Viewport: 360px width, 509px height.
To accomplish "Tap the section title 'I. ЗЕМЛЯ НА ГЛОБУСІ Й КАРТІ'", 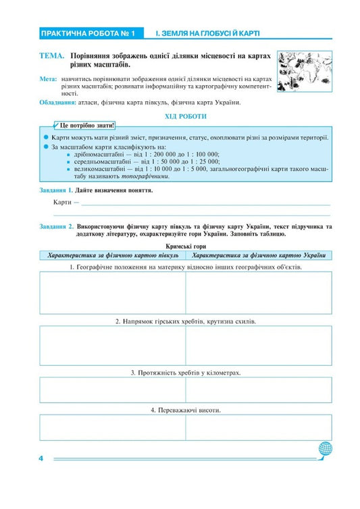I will (x=207, y=33).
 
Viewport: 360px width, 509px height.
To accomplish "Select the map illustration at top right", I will (x=303, y=68).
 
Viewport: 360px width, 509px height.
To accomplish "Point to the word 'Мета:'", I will (x=48, y=80).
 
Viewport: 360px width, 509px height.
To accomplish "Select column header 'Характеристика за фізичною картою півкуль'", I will (x=113, y=256).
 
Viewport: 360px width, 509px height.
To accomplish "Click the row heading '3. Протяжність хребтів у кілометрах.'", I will (x=186, y=372).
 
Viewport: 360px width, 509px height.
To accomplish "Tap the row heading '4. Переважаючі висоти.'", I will (x=186, y=410).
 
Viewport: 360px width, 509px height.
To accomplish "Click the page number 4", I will (x=42, y=459).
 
